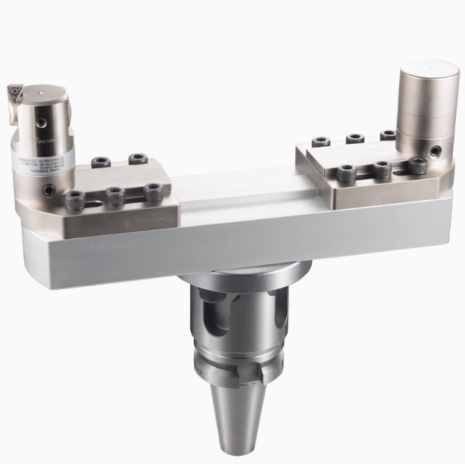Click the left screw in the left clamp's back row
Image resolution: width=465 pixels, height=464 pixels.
[x=101, y=162]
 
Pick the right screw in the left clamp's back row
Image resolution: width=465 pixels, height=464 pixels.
[x=137, y=159]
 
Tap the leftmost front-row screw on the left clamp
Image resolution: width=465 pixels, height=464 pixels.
[x=76, y=200]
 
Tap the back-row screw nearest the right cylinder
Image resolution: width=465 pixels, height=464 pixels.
[x=388, y=136]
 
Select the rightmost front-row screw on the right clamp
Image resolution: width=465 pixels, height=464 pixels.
[x=417, y=164]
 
